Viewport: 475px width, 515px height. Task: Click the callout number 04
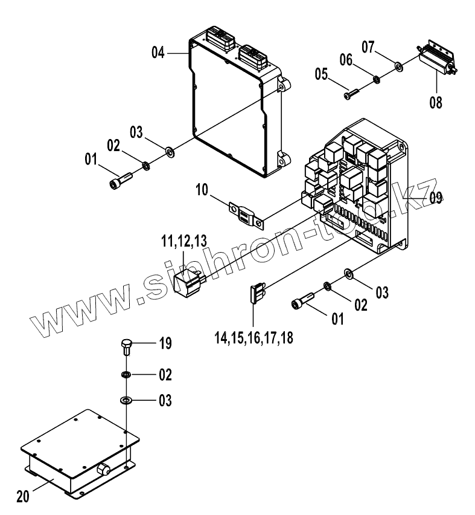tap(158, 53)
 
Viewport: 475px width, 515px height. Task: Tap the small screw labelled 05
tap(352, 94)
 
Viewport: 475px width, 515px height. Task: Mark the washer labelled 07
tap(399, 65)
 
